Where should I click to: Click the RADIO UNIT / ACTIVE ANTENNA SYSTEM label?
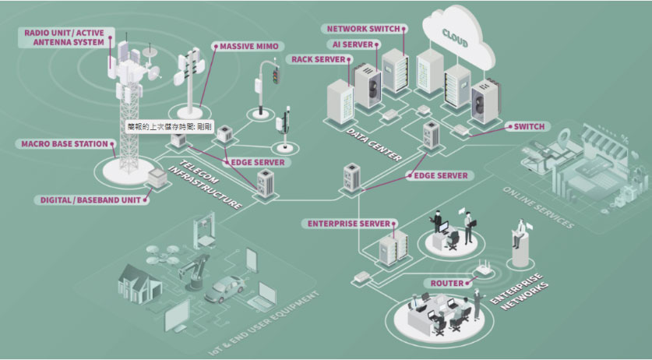pyautogui.click(x=64, y=37)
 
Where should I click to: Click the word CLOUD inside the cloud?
pyautogui.click(x=455, y=35)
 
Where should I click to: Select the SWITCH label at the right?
pyautogui.click(x=529, y=126)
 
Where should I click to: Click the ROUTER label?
pyautogui.click(x=442, y=283)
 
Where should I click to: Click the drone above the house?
pyautogui.click(x=157, y=251)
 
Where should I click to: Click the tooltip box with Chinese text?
pyautogui.click(x=170, y=125)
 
